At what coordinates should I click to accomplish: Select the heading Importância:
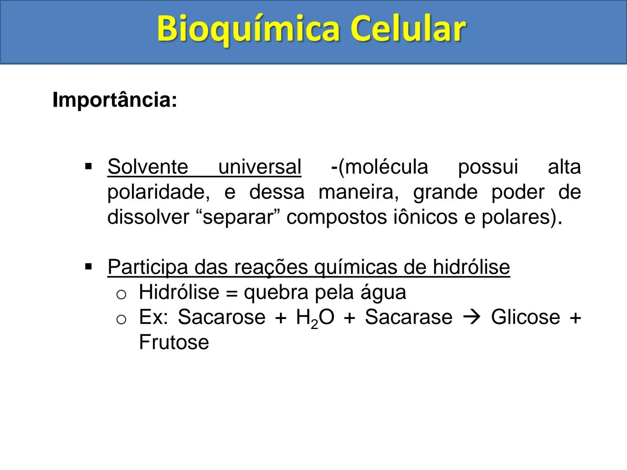(115, 100)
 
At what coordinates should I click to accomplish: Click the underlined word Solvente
(148, 167)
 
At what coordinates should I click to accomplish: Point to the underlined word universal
(260, 167)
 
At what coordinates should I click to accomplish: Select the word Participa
(148, 267)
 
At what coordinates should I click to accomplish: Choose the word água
(383, 292)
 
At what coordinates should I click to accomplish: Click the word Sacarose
(221, 317)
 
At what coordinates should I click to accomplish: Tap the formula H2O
(315, 318)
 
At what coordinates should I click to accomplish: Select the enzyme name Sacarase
(408, 317)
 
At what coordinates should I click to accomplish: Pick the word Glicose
(525, 317)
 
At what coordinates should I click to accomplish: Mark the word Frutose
(174, 342)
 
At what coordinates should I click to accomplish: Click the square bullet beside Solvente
(89, 167)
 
